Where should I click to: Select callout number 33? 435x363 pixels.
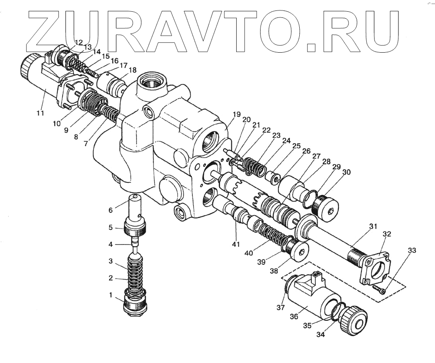[x=412, y=250]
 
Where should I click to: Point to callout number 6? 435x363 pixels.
[x=110, y=210]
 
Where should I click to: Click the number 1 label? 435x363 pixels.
[x=110, y=295]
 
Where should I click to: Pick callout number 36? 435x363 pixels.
[x=294, y=317]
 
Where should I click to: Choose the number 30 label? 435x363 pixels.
[x=346, y=172]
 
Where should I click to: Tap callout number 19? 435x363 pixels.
[x=236, y=115]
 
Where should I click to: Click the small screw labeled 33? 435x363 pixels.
[x=379, y=289]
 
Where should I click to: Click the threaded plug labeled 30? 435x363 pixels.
[x=330, y=208]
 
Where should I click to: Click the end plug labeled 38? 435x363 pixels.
[x=299, y=252]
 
